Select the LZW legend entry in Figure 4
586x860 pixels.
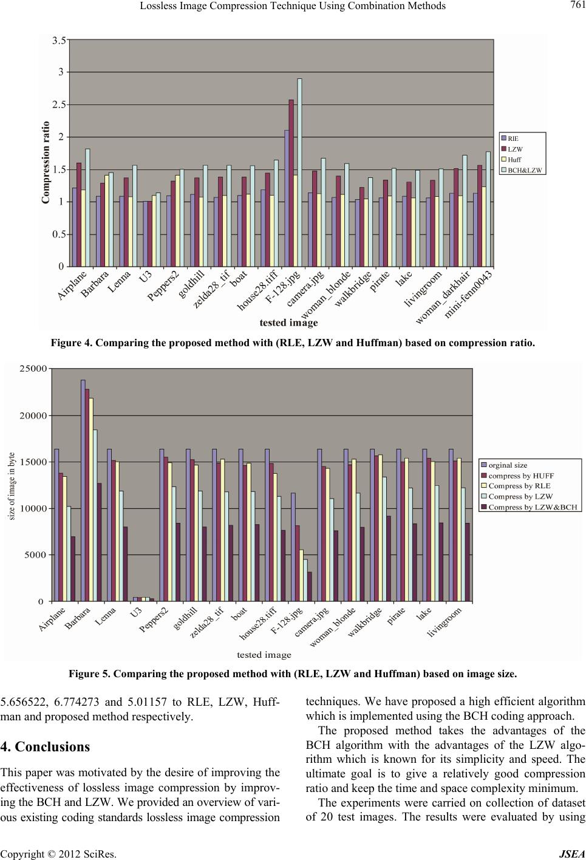pyautogui.click(x=514, y=149)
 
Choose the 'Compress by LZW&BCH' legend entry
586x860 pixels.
pyautogui.click(x=533, y=506)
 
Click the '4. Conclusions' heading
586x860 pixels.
pyautogui.click(x=46, y=763)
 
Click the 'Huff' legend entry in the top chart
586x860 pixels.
pyautogui.click(x=514, y=160)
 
